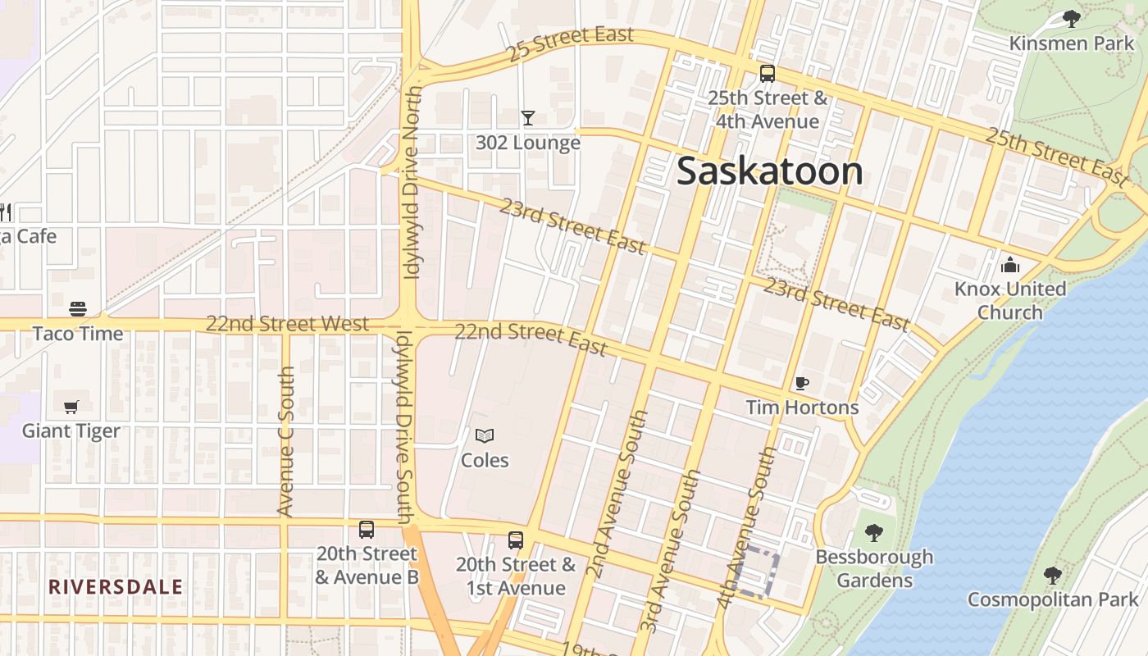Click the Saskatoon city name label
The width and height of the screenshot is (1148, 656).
click(x=769, y=171)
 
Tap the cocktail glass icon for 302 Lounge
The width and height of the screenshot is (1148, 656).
click(x=528, y=118)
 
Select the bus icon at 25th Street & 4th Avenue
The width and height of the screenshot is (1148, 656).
click(x=768, y=74)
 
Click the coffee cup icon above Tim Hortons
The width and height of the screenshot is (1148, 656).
click(x=802, y=383)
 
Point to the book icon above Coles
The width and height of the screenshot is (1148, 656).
click(x=485, y=436)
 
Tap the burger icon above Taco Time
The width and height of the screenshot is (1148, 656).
click(x=78, y=309)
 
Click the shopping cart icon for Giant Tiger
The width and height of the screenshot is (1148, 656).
click(x=71, y=407)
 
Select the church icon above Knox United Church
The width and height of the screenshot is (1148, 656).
click(x=1010, y=265)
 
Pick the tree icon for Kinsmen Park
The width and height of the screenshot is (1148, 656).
click(x=1071, y=19)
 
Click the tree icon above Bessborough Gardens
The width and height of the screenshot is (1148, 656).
click(x=874, y=533)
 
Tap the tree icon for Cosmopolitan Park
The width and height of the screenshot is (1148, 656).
click(x=1053, y=576)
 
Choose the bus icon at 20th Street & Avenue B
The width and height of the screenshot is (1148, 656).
click(x=367, y=530)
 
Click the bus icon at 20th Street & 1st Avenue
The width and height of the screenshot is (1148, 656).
click(x=516, y=540)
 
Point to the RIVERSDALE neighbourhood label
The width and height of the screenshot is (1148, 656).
click(x=116, y=587)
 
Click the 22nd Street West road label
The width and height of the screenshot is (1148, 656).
click(x=287, y=323)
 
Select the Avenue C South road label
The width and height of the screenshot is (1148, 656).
click(x=285, y=441)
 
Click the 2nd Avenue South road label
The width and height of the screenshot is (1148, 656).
click(x=621, y=494)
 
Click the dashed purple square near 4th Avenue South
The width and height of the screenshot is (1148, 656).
click(x=756, y=573)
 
